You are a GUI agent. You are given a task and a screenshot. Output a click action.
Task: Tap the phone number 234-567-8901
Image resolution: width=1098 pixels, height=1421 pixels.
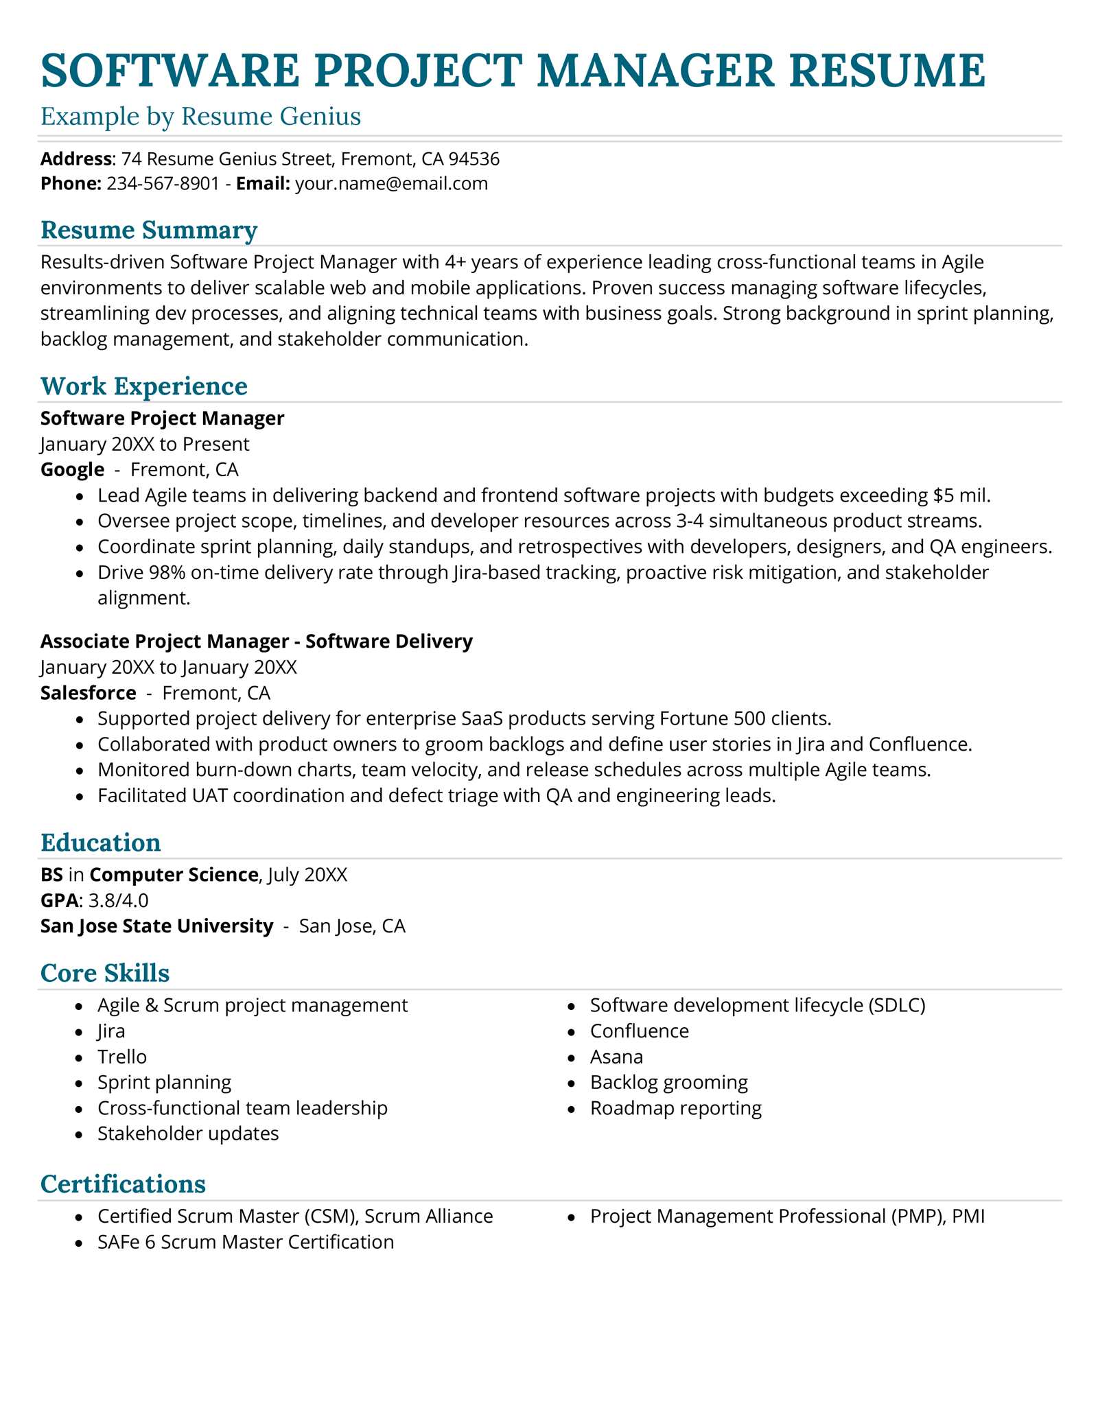tap(163, 184)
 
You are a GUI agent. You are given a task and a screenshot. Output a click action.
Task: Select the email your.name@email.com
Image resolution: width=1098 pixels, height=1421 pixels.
tap(391, 184)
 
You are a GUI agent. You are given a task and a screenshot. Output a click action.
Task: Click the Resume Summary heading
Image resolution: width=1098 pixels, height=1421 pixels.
tap(149, 230)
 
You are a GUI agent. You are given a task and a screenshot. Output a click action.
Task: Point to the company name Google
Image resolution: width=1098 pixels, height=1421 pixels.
tap(72, 470)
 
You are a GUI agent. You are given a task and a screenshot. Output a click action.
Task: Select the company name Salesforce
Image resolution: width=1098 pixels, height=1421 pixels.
tap(88, 693)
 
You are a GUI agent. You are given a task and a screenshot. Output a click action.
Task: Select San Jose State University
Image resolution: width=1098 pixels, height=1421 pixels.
tap(156, 926)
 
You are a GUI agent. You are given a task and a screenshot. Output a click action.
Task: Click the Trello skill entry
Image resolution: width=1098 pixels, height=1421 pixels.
tap(122, 1057)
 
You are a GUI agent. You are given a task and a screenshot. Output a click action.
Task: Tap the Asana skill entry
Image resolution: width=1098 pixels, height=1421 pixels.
tap(616, 1057)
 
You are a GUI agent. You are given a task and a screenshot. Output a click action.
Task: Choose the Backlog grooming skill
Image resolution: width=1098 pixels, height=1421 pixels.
tap(668, 1083)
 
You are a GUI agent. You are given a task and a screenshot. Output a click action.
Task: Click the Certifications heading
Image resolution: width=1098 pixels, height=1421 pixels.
tap(123, 1184)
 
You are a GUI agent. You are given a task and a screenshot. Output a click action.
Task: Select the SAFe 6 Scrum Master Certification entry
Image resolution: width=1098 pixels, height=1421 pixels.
tap(246, 1243)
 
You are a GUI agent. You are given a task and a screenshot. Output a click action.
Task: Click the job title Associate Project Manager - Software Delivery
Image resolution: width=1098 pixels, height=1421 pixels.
tap(256, 642)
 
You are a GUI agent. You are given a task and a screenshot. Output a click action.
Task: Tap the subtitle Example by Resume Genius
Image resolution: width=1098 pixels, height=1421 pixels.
tap(200, 117)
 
